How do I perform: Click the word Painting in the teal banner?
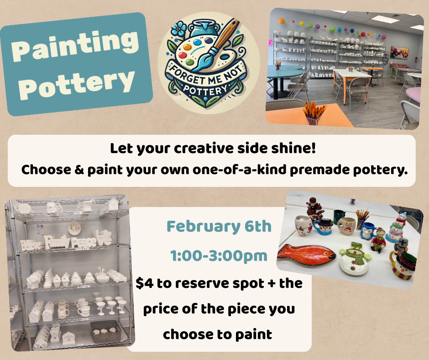click(x=75, y=46)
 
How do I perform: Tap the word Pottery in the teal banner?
click(x=77, y=83)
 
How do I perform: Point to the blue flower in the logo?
click(x=179, y=29)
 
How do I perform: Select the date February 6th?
click(x=219, y=227)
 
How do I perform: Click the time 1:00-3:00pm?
click(x=219, y=256)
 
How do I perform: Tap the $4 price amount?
click(x=145, y=283)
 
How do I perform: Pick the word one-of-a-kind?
click(x=240, y=170)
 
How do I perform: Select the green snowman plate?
click(x=355, y=259)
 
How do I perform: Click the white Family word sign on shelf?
click(x=58, y=242)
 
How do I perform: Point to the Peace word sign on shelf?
click(x=84, y=242)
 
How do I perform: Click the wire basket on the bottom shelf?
click(x=105, y=332)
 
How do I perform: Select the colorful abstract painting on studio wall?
click(x=399, y=53)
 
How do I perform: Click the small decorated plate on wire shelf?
click(x=74, y=228)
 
